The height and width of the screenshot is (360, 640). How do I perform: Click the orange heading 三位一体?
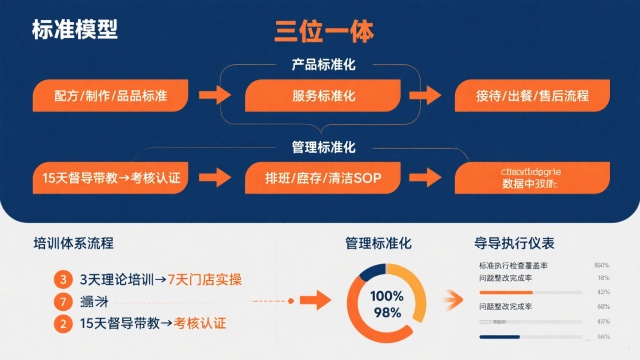tap(324, 31)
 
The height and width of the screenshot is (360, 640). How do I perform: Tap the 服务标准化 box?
tap(324, 96)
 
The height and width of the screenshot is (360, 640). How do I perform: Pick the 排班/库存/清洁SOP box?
tap(324, 178)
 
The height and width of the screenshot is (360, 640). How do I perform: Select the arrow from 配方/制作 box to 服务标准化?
tap(215, 96)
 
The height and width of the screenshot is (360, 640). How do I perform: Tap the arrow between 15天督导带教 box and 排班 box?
tap(215, 178)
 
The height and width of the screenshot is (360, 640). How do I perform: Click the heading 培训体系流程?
tap(73, 243)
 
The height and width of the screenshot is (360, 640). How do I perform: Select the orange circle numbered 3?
tap(64, 279)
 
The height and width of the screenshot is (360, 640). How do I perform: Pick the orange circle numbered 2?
tap(64, 323)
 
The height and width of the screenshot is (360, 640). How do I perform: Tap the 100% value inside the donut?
tap(387, 296)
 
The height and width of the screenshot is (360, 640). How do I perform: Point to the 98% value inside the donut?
tap(387, 313)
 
